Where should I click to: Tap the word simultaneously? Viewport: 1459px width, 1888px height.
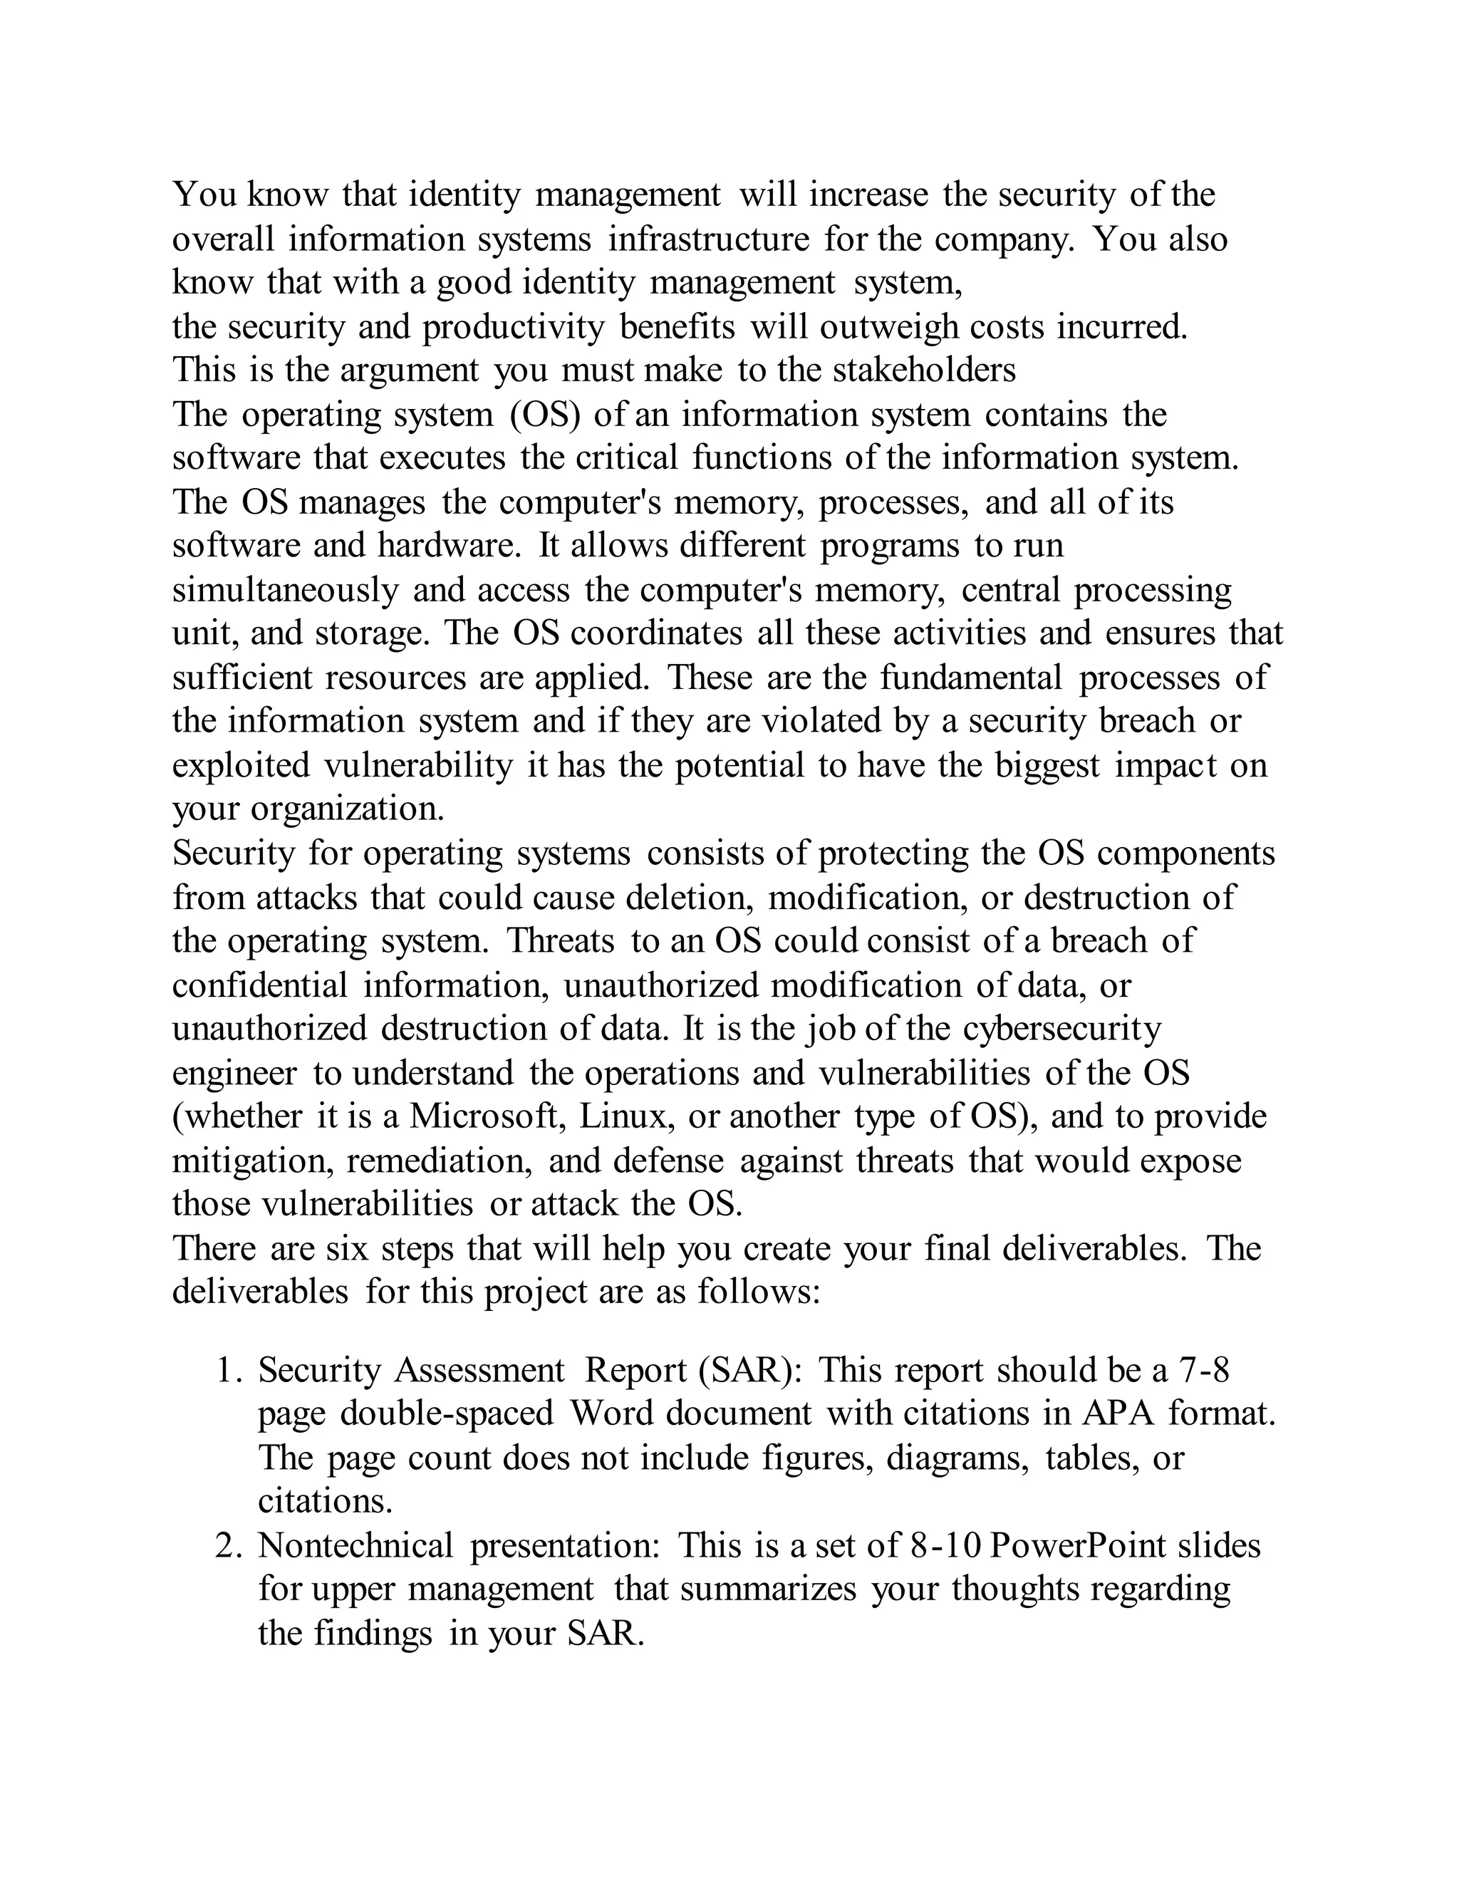click(285, 590)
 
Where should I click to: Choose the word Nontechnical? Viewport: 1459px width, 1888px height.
click(355, 1546)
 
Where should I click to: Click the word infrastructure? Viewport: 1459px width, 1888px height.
click(708, 239)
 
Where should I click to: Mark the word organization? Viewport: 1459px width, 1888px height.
click(348, 809)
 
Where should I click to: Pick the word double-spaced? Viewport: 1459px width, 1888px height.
click(446, 1414)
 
